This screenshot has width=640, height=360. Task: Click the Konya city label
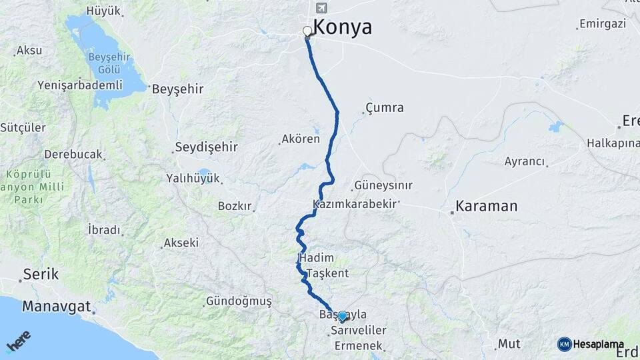[342, 27]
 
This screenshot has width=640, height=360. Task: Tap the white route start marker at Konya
[307, 31]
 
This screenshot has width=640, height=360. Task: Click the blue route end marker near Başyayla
[342, 316]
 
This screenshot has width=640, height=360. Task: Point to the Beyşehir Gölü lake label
[104, 63]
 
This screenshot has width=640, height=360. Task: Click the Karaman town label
[487, 206]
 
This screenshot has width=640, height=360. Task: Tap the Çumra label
[385, 107]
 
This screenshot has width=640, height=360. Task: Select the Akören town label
[301, 139]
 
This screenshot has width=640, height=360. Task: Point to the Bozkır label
[234, 206]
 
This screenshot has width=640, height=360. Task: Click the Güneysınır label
[383, 185]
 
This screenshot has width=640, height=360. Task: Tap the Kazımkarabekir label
[355, 204]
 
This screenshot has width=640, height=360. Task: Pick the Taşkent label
[327, 273]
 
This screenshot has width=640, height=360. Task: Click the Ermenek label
[359, 346]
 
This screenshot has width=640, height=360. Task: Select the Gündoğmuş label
[239, 301]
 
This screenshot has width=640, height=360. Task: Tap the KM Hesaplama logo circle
[565, 344]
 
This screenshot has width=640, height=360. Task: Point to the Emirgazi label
[603, 24]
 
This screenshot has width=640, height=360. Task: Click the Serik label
[41, 274]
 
